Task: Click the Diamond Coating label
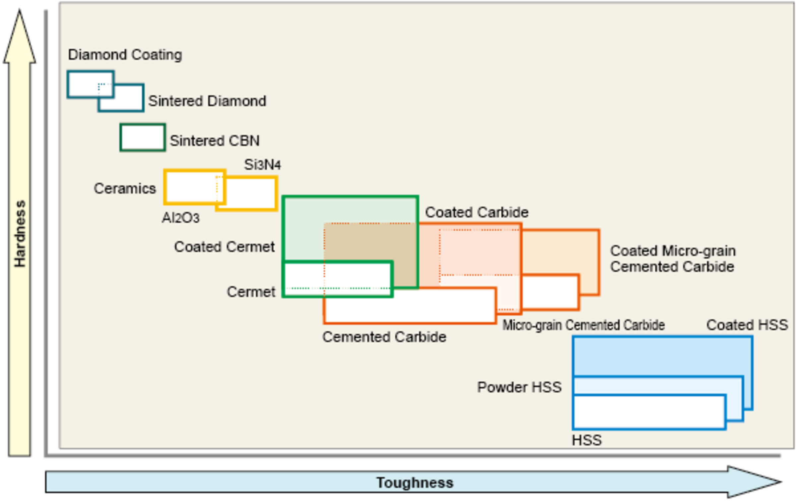click(125, 55)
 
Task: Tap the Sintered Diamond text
click(207, 101)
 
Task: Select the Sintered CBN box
click(143, 138)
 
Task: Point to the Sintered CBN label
click(215, 141)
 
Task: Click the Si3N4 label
click(262, 165)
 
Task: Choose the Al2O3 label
click(180, 218)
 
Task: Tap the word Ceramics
click(125, 189)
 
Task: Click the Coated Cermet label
click(224, 247)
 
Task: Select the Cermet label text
click(251, 292)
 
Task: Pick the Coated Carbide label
click(477, 212)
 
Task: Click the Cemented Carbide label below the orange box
click(384, 337)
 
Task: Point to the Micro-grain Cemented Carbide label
click(583, 325)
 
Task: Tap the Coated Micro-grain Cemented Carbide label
click(673, 259)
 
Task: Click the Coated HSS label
click(747, 325)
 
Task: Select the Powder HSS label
click(519, 387)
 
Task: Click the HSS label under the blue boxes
click(586, 440)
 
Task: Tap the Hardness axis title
click(20, 234)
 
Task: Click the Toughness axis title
click(415, 483)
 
